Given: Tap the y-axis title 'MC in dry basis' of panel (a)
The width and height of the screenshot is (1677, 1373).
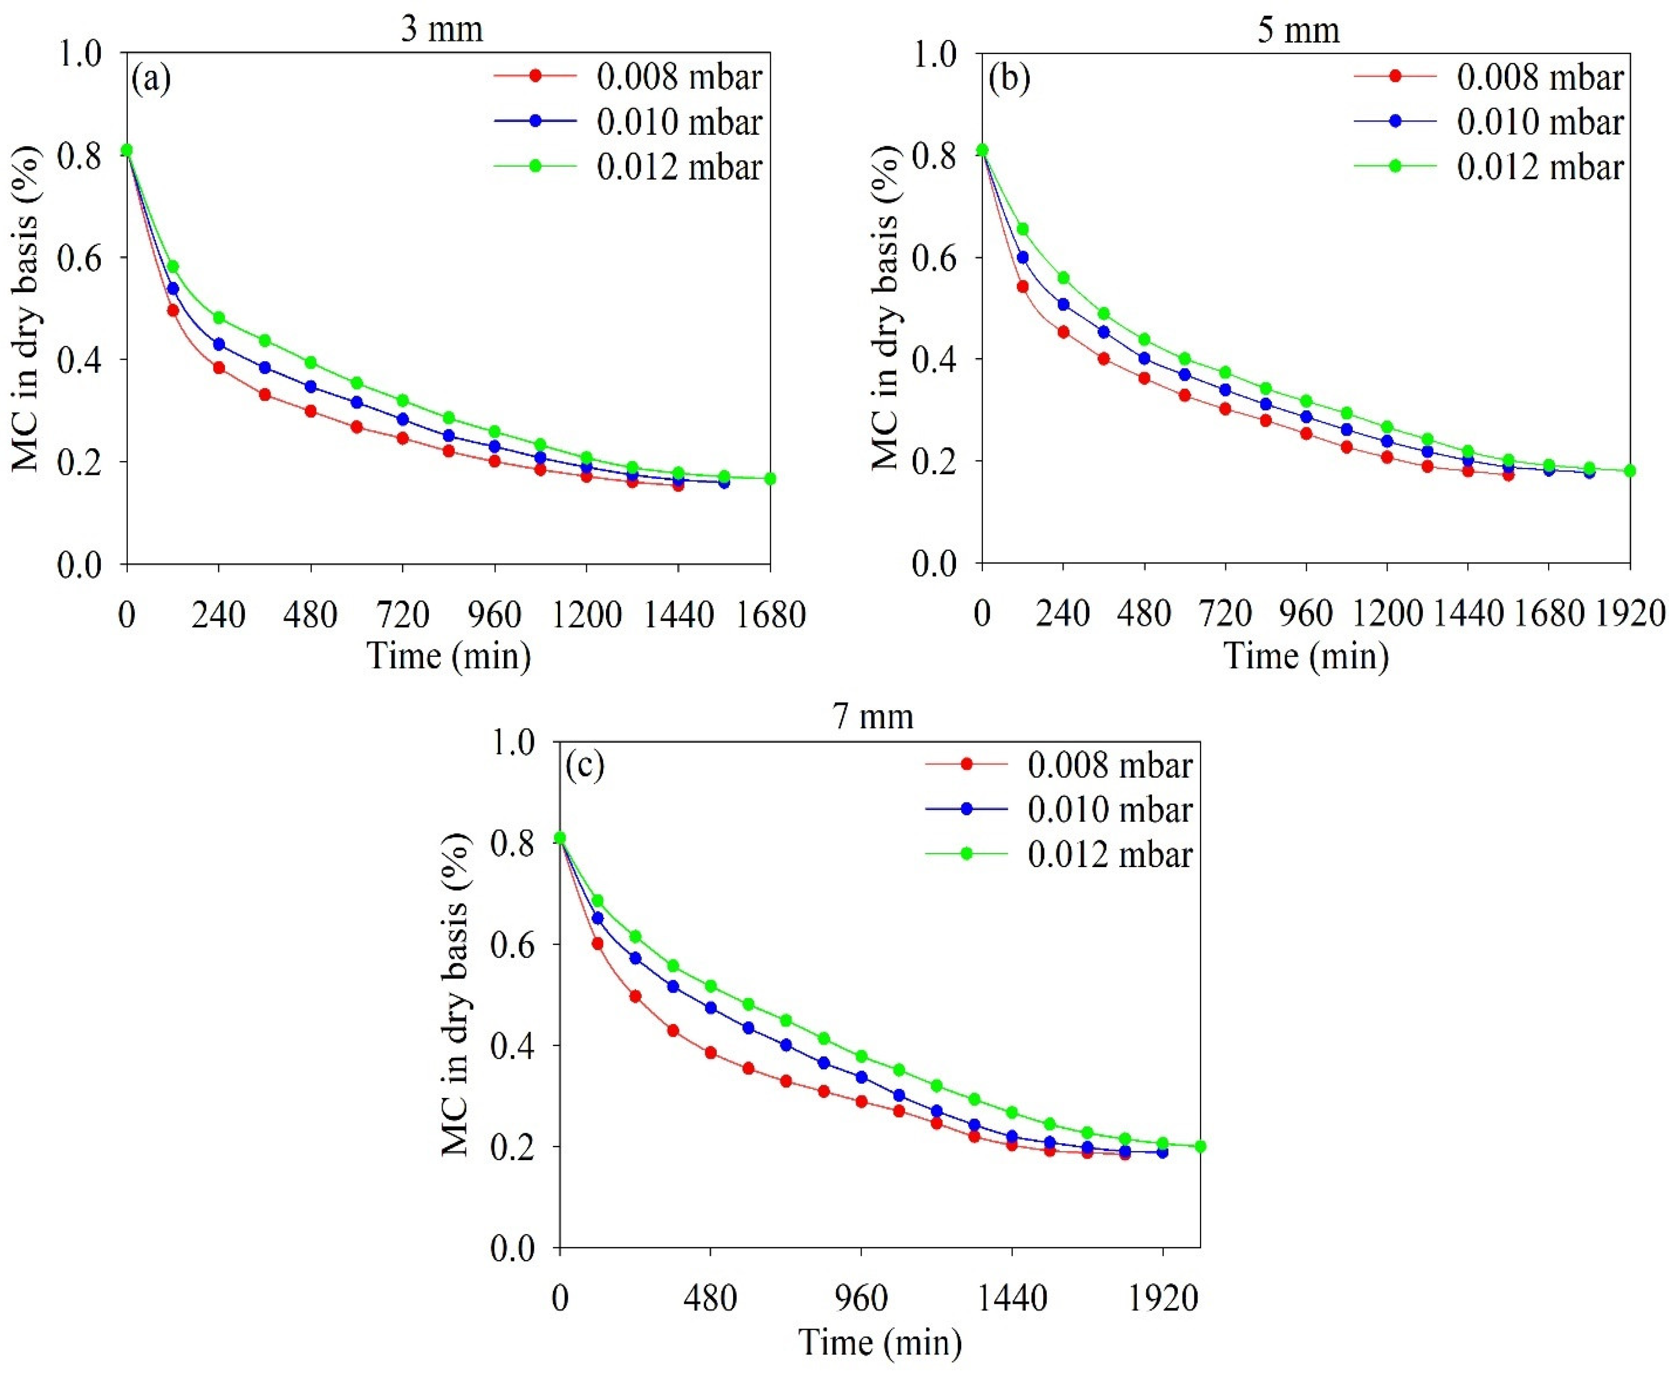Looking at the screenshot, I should [27, 308].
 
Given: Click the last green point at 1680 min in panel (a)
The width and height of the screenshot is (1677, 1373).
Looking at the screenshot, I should [770, 478].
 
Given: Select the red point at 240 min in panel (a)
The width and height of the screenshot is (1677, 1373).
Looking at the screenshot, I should [219, 368].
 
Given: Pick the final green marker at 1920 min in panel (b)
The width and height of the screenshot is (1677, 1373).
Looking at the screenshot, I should [1629, 471].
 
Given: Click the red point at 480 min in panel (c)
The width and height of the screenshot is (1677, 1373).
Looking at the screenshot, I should [710, 1052].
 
